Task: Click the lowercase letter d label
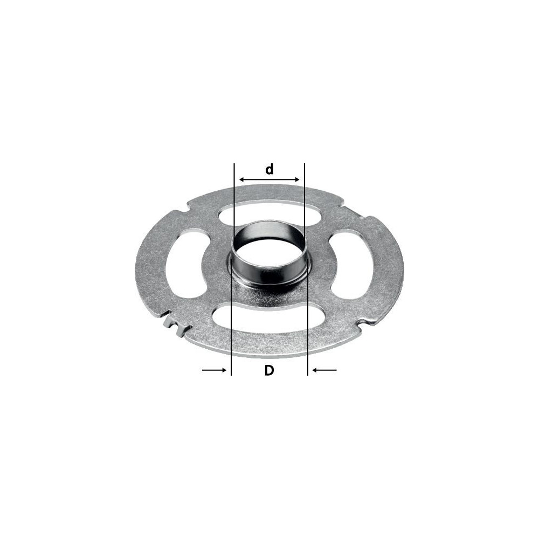click(x=269, y=169)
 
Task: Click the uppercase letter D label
click(x=269, y=370)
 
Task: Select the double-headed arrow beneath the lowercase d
click(x=269, y=179)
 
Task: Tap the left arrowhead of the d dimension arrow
click(x=241, y=179)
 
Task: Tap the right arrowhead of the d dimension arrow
click(x=298, y=179)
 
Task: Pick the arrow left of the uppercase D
click(x=214, y=370)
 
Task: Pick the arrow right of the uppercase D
click(x=324, y=370)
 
